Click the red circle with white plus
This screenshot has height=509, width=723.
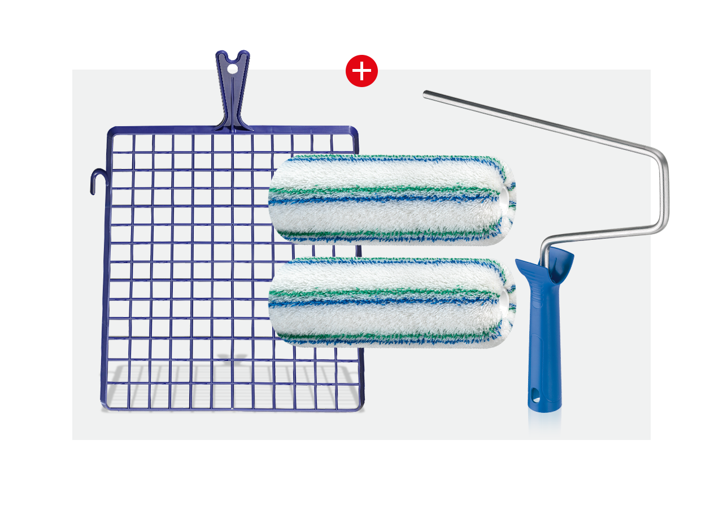pyautogui.click(x=361, y=71)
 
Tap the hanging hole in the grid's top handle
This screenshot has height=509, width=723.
pyautogui.click(x=233, y=68)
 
